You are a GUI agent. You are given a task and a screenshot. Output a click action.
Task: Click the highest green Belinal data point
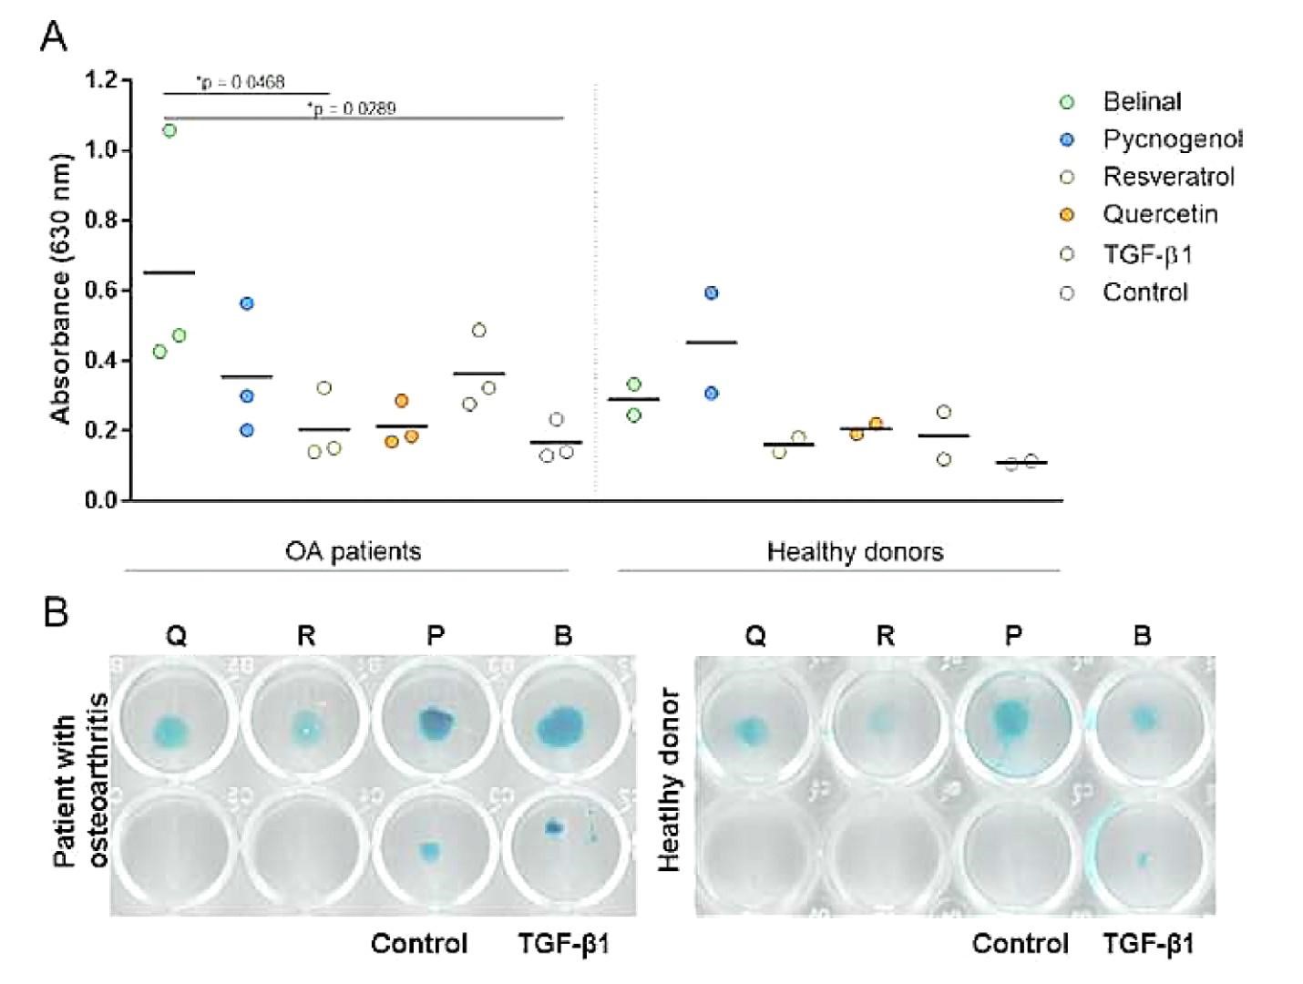(x=169, y=130)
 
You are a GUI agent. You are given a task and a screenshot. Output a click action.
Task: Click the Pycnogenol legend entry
(x=1172, y=139)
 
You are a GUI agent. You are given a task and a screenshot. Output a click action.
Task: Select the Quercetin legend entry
(x=1159, y=214)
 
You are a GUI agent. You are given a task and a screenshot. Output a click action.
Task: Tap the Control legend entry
(x=1144, y=292)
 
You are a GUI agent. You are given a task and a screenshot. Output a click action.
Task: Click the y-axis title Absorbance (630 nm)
(x=61, y=289)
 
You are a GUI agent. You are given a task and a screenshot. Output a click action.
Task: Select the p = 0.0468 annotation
(x=241, y=82)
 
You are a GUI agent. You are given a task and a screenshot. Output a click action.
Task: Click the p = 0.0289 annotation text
(x=352, y=108)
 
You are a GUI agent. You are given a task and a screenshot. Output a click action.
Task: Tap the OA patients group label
(x=353, y=551)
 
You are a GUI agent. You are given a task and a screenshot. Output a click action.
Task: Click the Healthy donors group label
(x=855, y=552)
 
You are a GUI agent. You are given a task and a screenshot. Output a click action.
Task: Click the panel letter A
(x=55, y=37)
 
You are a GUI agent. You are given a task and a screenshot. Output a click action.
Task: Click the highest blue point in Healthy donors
(x=712, y=292)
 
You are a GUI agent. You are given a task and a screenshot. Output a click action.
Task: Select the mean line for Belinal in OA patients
(x=169, y=272)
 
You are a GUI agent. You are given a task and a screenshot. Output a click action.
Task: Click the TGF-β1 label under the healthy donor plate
(x=1147, y=943)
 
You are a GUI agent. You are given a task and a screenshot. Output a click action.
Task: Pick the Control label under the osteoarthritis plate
(x=419, y=943)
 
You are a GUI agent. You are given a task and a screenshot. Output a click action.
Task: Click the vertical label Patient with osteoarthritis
(x=80, y=780)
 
